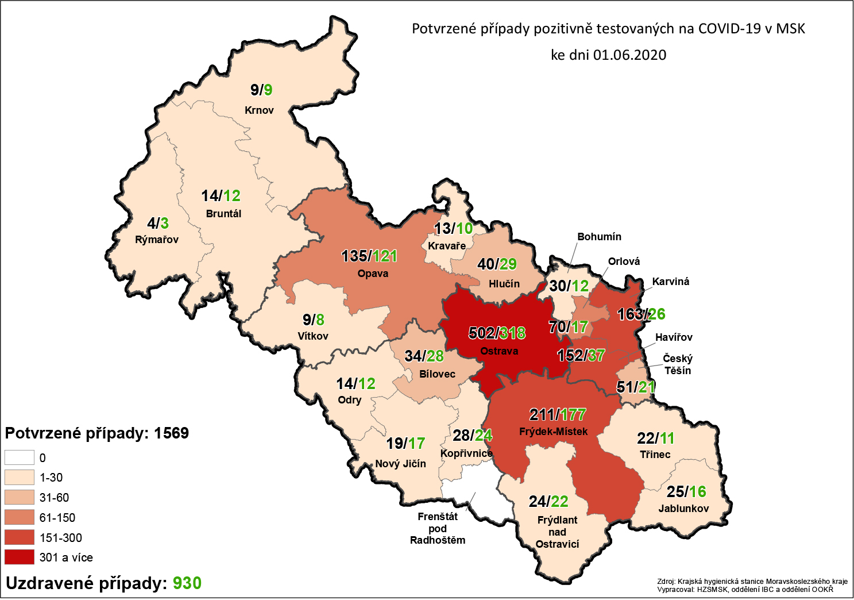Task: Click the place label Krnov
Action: (x=259, y=110)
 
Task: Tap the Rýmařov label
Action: (x=157, y=240)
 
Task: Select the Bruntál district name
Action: (x=223, y=214)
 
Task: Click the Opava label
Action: (x=373, y=274)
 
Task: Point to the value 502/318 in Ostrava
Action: (x=497, y=333)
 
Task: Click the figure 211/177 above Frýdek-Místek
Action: (x=557, y=414)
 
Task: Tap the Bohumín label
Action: (x=599, y=237)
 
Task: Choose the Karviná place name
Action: (x=670, y=282)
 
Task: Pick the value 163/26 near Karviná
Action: (x=641, y=314)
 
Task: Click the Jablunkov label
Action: (x=683, y=509)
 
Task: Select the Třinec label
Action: (x=655, y=455)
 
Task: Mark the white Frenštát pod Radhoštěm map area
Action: (x=471, y=489)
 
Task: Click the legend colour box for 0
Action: (x=20, y=458)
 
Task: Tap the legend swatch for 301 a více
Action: (x=20, y=557)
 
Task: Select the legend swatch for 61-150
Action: (x=20, y=518)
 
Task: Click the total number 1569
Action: (x=171, y=433)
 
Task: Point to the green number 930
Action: (x=187, y=583)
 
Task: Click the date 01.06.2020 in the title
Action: (x=629, y=55)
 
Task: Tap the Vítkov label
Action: (x=313, y=336)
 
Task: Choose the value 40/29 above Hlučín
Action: (x=497, y=264)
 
